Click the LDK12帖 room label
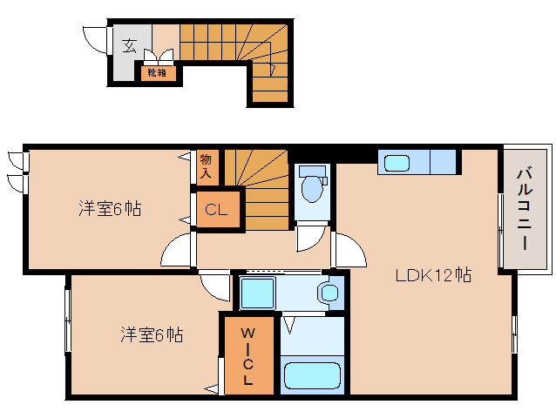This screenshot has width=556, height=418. tap(433, 276)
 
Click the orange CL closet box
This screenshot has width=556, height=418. tap(216, 210)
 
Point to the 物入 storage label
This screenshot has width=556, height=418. tap(206, 165)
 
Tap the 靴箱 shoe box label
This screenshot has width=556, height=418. tap(159, 73)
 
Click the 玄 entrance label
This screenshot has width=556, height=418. tap(129, 45)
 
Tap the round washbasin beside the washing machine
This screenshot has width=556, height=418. tap(329, 293)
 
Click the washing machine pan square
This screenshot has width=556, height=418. tap(258, 294)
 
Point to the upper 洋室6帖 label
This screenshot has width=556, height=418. tap(110, 209)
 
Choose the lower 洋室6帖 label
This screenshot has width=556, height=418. tap(151, 334)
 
